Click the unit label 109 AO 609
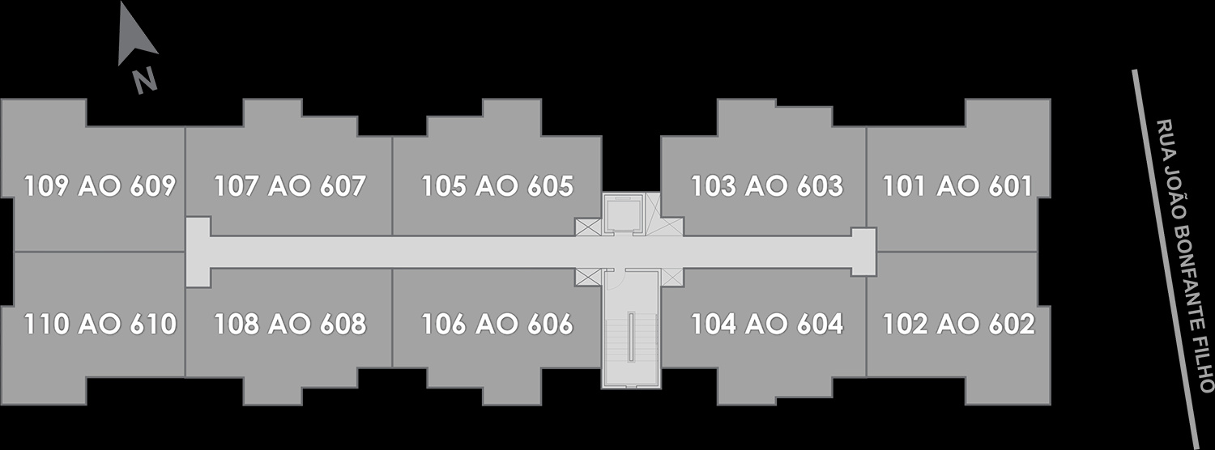coord(100,186)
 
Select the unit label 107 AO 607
coord(290,186)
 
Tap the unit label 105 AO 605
coord(497,186)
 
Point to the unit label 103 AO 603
coord(767,186)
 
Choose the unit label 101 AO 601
coord(958,186)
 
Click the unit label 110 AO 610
coord(100,325)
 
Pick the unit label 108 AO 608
coord(290,325)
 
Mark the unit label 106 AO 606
coord(497,325)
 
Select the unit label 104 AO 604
coord(767,325)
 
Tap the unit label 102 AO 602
coord(959,325)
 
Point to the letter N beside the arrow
coord(145,81)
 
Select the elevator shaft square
coord(623,214)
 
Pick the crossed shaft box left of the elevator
coord(589,227)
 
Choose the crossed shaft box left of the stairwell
coord(589,277)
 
